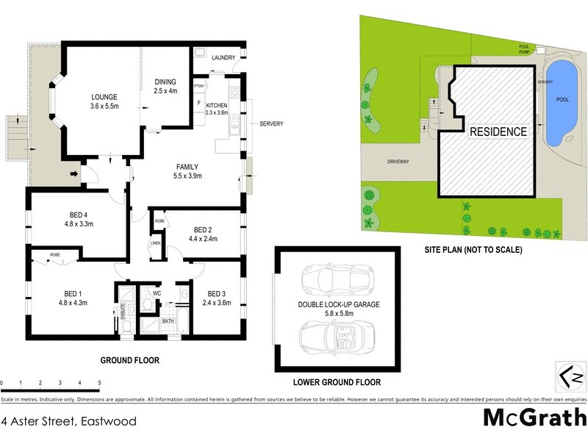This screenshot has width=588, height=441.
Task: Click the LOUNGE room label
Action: (104, 96)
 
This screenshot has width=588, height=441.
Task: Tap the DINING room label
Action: (166, 82)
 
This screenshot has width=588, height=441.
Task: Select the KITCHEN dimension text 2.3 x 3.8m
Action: (217, 113)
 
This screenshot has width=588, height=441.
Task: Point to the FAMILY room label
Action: (187, 166)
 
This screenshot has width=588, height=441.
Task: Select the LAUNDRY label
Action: (223, 57)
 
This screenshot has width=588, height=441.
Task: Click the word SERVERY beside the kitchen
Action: (271, 123)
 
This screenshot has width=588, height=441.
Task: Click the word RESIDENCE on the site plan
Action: (498, 132)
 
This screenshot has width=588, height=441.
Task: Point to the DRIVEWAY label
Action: (399, 160)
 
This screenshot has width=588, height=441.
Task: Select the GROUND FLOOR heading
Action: (129, 361)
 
